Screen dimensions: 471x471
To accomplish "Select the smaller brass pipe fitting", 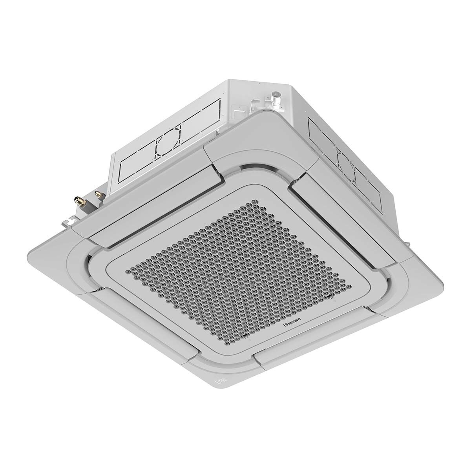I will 97,194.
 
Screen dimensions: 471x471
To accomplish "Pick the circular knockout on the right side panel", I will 345,165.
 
